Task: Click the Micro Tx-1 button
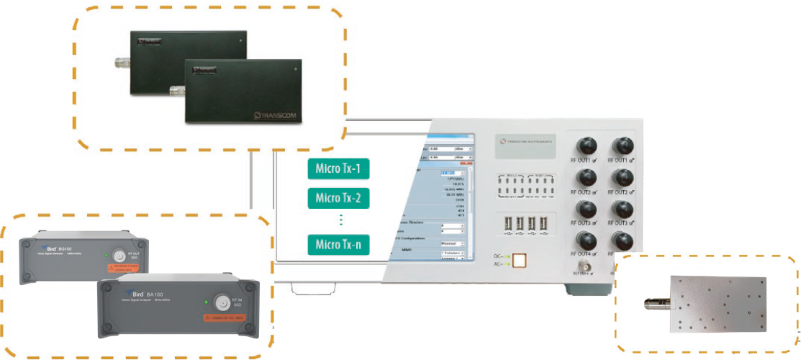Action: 338,170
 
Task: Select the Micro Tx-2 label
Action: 338,197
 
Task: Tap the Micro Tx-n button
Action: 338,245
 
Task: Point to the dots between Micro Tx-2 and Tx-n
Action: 342,220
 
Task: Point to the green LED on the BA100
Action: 207,301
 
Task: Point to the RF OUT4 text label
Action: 581,254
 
